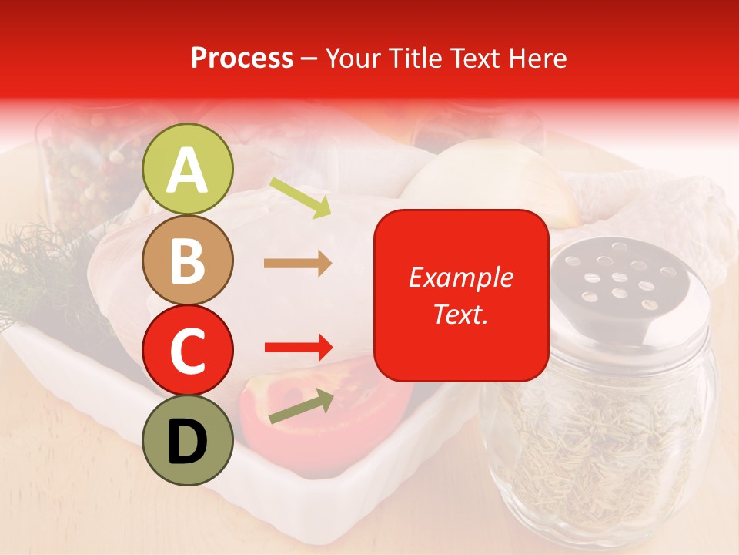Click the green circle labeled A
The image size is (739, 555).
[x=188, y=170]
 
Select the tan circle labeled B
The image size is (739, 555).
[x=188, y=261]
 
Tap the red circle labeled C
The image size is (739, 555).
[x=188, y=351]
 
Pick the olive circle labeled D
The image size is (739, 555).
[x=188, y=441]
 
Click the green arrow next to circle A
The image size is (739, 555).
[x=300, y=197]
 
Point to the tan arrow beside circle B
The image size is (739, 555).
[x=298, y=264]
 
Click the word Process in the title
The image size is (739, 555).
[x=242, y=59]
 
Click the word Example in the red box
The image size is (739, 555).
[x=460, y=277]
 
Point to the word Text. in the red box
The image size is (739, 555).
[x=460, y=314]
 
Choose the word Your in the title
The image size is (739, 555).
[x=352, y=59]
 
